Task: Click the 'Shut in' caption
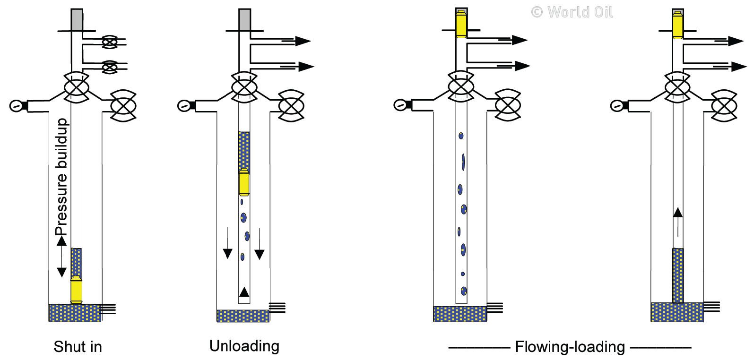point(78,347)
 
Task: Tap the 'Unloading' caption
point(244,346)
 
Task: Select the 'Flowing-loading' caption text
point(570,347)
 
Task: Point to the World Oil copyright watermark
point(572,12)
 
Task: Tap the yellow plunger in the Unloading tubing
point(244,182)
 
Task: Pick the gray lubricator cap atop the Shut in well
point(77,19)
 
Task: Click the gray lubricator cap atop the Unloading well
point(244,19)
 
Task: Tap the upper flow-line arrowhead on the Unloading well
point(303,41)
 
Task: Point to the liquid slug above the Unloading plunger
point(244,150)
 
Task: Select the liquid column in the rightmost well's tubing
point(678,275)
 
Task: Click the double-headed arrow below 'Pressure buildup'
point(61,257)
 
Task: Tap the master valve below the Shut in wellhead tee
point(77,87)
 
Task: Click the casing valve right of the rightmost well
point(724,106)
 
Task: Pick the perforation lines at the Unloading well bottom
point(277,308)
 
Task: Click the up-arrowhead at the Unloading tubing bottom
point(244,291)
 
